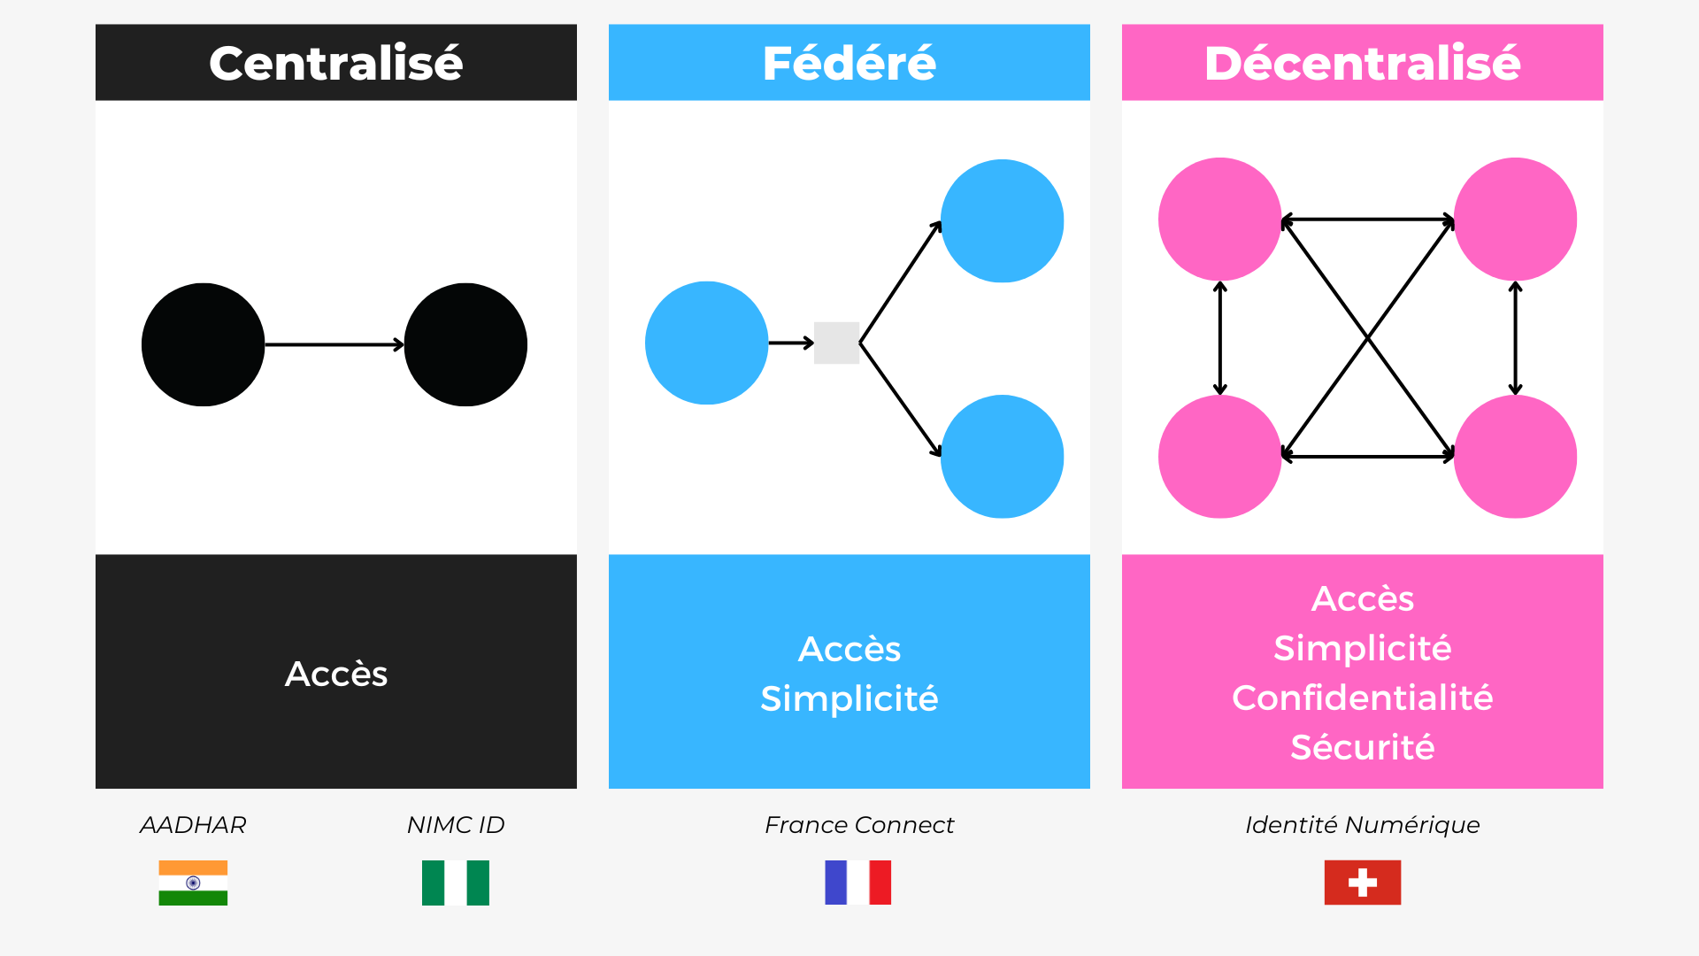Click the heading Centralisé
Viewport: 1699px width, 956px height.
pyautogui.click(x=336, y=63)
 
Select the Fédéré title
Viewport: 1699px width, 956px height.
pyautogui.click(x=849, y=63)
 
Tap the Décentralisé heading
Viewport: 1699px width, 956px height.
pyautogui.click(x=1363, y=63)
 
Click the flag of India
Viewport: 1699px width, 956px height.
pyautogui.click(x=193, y=883)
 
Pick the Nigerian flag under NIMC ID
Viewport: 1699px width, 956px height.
pyautogui.click(x=456, y=883)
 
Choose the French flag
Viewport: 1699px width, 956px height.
pyautogui.click(x=858, y=883)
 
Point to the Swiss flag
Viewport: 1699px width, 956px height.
pyautogui.click(x=1363, y=883)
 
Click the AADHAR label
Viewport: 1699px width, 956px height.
pyautogui.click(x=193, y=825)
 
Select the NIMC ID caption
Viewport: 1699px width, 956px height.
pyautogui.click(x=456, y=825)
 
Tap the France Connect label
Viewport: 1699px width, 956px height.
pyautogui.click(x=859, y=825)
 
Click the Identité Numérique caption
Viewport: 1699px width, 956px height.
pyautogui.click(x=1363, y=825)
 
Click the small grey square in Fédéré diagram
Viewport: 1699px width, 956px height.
pyautogui.click(x=836, y=343)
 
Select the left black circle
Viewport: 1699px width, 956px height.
pyautogui.click(x=204, y=344)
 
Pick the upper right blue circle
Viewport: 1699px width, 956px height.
pyautogui.click(x=1003, y=220)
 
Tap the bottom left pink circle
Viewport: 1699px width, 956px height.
pyautogui.click(x=1220, y=456)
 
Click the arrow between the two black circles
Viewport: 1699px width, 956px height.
pyautogui.click(x=334, y=344)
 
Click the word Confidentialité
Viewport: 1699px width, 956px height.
pyautogui.click(x=1363, y=698)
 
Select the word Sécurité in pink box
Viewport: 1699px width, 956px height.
pyautogui.click(x=1363, y=747)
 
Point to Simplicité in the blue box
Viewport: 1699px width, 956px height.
pyautogui.click(x=849, y=698)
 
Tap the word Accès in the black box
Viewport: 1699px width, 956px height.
pyautogui.click(x=336, y=674)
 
